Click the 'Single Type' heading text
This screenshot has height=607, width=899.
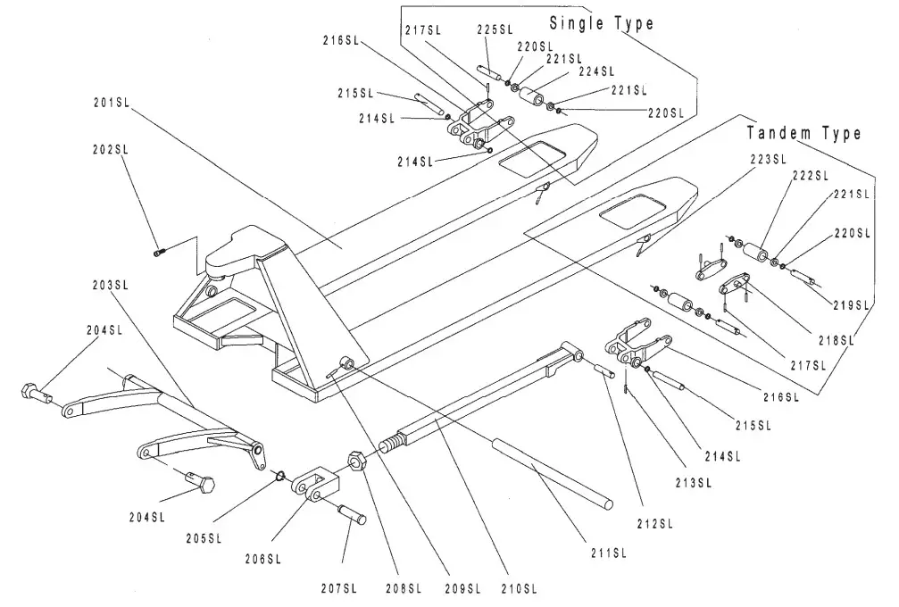click(x=601, y=22)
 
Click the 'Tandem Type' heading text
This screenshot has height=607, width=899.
click(x=803, y=133)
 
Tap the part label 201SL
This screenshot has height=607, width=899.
click(x=112, y=103)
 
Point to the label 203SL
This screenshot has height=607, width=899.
click(x=112, y=285)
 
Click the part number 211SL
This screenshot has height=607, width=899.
click(x=609, y=553)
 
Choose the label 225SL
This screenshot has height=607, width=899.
click(x=494, y=29)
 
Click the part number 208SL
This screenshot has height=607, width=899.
click(x=404, y=588)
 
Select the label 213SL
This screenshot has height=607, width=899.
click(x=691, y=484)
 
